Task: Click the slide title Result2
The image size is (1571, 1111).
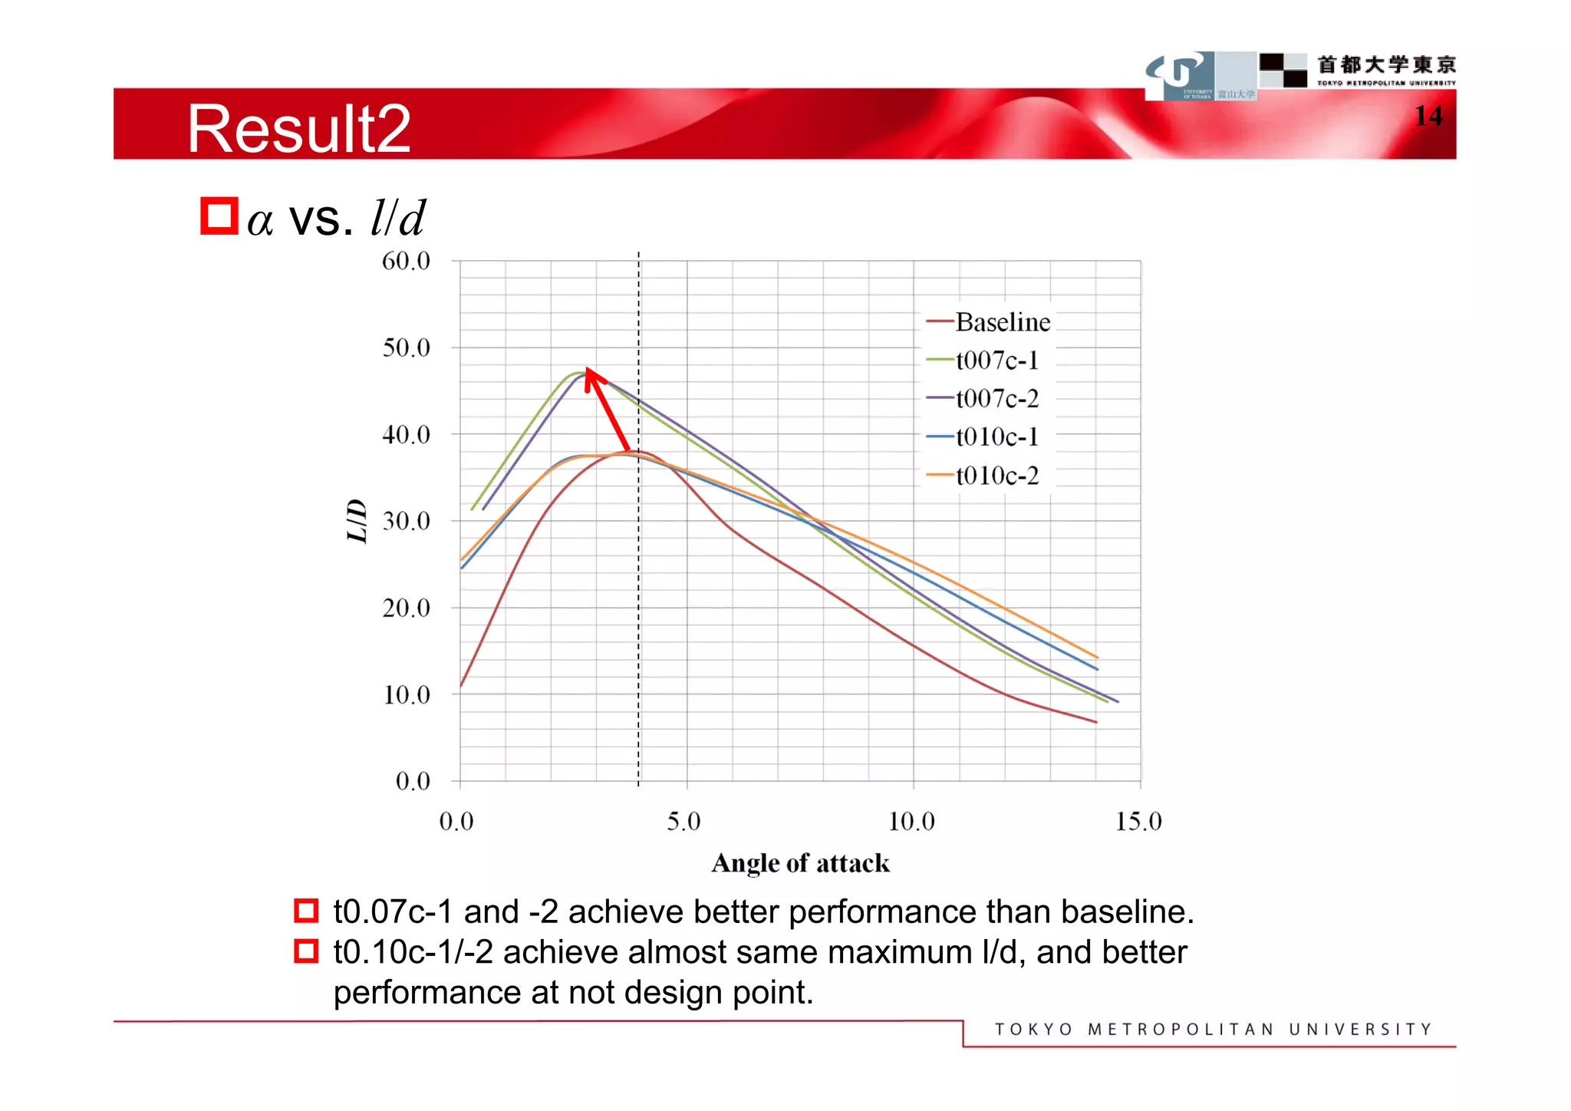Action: point(299,129)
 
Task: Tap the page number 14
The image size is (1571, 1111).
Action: point(1428,116)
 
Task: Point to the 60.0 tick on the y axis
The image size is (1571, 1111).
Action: point(406,261)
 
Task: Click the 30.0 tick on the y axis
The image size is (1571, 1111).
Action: point(406,521)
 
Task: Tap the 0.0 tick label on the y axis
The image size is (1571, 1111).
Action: point(412,781)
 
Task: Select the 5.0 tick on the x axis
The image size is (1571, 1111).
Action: point(683,822)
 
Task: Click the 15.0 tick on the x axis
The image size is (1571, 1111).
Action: point(1138,822)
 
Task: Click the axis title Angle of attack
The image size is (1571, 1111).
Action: point(800,863)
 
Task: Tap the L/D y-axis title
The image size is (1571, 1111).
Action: point(357,521)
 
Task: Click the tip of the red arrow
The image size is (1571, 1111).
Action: point(588,369)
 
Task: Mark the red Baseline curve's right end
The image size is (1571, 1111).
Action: point(1096,722)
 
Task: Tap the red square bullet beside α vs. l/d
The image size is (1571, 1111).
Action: point(219,216)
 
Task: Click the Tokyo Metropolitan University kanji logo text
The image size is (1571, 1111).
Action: point(1386,64)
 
